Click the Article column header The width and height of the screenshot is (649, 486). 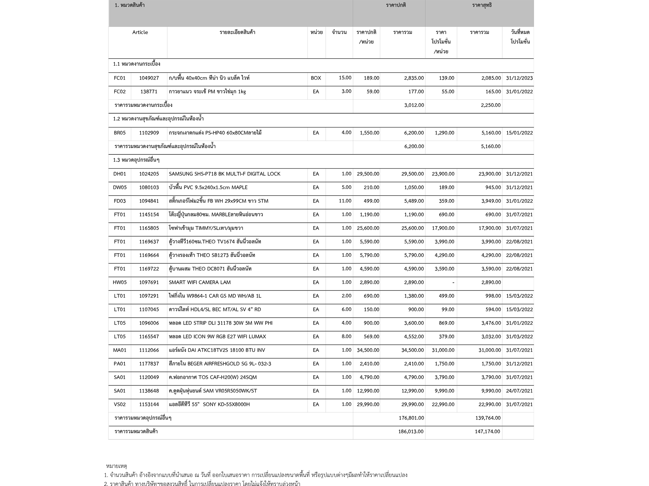[x=140, y=32]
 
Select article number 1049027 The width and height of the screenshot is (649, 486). [x=149, y=78]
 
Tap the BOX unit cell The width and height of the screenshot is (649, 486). [x=316, y=78]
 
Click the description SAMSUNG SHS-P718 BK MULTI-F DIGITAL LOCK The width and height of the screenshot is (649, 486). [x=225, y=174]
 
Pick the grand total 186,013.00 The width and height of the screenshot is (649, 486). [x=411, y=432]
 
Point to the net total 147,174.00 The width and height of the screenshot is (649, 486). [x=487, y=432]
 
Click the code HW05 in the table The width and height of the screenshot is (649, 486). [x=120, y=282]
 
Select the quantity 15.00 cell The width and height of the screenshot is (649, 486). [x=345, y=78]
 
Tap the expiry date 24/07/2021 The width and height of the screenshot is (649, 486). [x=519, y=391]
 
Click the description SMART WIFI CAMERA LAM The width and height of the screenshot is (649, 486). [x=200, y=282]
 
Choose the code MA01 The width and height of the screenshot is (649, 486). [x=120, y=350]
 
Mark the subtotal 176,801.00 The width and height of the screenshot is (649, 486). [x=411, y=418]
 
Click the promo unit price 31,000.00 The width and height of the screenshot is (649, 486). [x=443, y=350]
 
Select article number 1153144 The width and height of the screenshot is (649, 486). [x=149, y=404]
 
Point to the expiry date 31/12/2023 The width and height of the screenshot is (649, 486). [x=519, y=78]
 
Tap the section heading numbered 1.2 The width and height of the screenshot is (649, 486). [x=158, y=119]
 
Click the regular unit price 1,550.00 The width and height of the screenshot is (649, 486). [x=369, y=133]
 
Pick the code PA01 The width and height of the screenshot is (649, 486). [x=120, y=364]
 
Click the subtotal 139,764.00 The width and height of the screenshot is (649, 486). [x=488, y=418]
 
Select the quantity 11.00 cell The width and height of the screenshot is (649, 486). [x=345, y=201]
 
